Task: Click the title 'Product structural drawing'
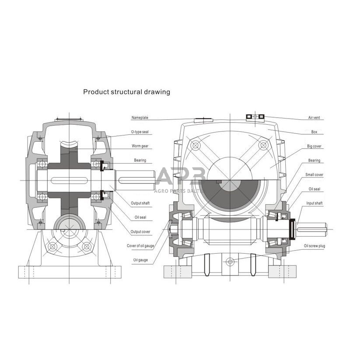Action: [x=126, y=92]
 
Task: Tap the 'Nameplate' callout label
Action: [x=140, y=118]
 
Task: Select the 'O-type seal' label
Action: [x=140, y=132]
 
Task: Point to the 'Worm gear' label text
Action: [x=140, y=146]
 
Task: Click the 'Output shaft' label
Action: [x=140, y=203]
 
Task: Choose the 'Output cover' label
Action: [x=140, y=231]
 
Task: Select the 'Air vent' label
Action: [x=315, y=118]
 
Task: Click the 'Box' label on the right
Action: [x=315, y=132]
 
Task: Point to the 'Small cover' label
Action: [x=315, y=175]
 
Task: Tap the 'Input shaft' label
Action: [x=315, y=203]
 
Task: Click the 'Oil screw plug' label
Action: [x=315, y=246]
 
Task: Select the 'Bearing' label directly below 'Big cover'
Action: [x=315, y=161]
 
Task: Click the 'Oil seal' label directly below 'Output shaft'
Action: [x=140, y=217]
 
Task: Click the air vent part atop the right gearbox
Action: [x=255, y=116]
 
